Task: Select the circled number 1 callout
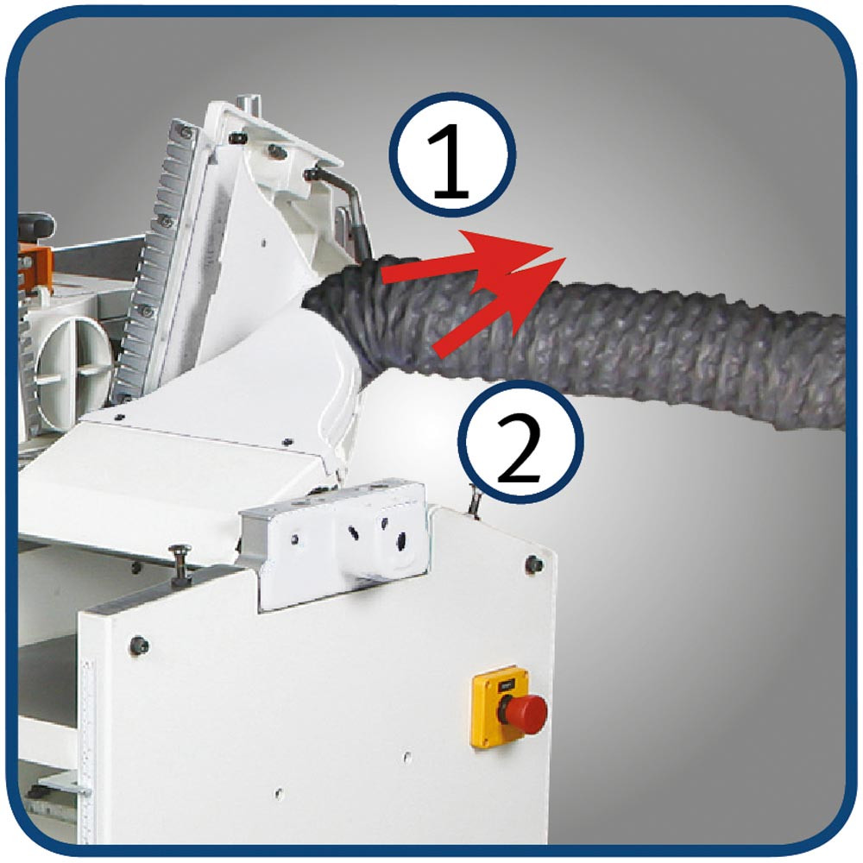click(452, 156)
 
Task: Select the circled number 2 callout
click(520, 441)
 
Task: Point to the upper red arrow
click(468, 258)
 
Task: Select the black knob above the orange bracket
click(36, 225)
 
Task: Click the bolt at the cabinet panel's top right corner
click(533, 564)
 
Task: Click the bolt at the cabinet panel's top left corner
click(138, 645)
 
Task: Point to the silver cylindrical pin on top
click(248, 104)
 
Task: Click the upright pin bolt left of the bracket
click(180, 564)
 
